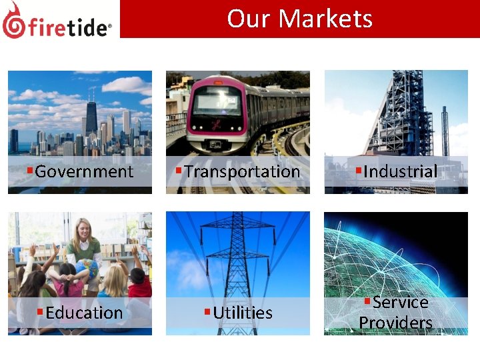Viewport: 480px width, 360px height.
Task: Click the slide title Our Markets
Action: pos(299,18)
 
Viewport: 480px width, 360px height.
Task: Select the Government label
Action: pos(84,171)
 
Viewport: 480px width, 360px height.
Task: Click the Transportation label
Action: pos(242,171)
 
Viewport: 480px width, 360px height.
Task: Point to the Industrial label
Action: pos(401,171)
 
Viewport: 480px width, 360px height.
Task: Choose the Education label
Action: pos(84,313)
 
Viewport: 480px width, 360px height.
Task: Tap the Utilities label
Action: pos(243,313)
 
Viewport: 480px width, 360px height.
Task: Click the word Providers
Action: pos(396,323)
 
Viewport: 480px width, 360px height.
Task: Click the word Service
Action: pos(400,302)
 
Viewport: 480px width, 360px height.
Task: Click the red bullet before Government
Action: pos(30,171)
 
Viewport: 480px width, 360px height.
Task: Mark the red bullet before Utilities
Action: pos(207,312)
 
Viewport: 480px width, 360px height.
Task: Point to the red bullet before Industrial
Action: pos(359,171)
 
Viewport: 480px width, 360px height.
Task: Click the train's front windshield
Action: pos(216,103)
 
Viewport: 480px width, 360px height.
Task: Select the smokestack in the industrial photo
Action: pos(445,130)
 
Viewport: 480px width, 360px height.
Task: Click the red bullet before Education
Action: pos(40,312)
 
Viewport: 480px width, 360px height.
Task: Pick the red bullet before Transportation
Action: pos(179,171)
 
